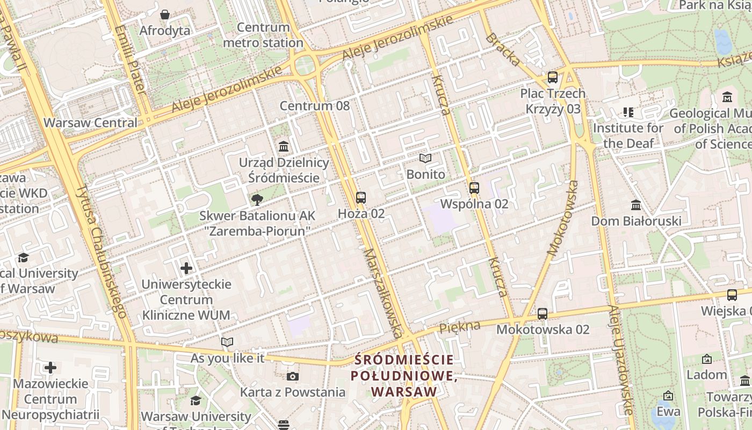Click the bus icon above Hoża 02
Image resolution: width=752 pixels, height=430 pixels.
point(361,197)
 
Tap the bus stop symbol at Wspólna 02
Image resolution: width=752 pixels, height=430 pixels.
point(474,188)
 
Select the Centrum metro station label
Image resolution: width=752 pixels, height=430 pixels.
point(263,35)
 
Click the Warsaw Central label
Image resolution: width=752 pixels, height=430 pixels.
point(90,123)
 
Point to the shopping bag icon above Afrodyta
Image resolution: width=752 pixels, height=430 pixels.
point(165,15)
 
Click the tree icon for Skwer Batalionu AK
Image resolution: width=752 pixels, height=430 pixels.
point(257,200)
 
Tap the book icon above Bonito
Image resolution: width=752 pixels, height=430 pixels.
point(425,159)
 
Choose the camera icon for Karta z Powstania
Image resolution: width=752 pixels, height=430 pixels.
point(292,376)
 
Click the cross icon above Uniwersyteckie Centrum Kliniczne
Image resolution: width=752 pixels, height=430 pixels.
point(186,268)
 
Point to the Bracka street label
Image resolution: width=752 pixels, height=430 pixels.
point(503,49)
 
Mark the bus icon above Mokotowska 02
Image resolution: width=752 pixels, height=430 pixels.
point(543,313)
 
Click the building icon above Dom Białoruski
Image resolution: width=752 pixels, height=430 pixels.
point(636,205)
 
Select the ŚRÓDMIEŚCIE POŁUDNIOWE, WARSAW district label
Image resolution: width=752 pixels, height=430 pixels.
point(404,376)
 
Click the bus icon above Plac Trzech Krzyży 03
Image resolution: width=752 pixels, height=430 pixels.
point(553,77)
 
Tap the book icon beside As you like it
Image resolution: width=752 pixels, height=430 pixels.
point(227,342)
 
